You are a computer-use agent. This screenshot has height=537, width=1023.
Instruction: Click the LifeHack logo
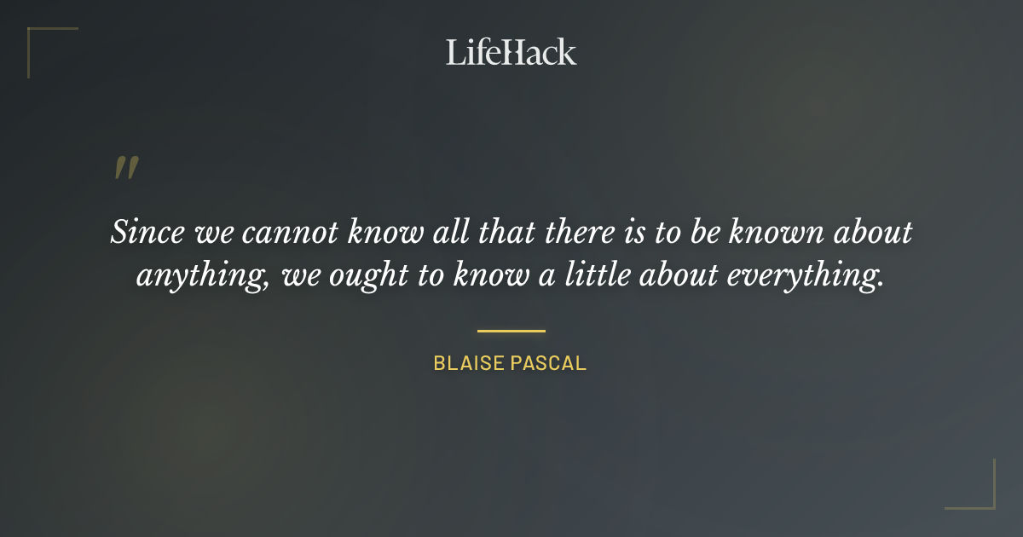tap(511, 52)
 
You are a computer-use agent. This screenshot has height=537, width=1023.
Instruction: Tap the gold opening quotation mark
tap(125, 168)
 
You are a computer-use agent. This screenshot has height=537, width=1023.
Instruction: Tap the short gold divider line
tap(511, 331)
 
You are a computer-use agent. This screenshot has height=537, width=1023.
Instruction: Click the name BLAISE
tap(470, 363)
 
